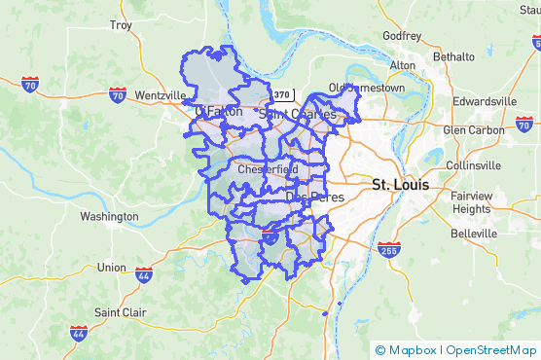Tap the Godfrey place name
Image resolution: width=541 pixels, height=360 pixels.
pyautogui.click(x=402, y=36)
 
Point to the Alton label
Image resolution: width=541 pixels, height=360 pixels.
pyautogui.click(x=402, y=65)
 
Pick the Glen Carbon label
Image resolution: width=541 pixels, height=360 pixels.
pyautogui.click(x=474, y=129)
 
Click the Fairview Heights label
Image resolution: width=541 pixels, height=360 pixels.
pyautogui.click(x=471, y=201)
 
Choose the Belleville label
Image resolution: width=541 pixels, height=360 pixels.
pyautogui.click(x=474, y=234)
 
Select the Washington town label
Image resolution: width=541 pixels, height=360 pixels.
pyautogui.click(x=109, y=216)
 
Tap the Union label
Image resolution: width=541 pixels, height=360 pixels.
pyautogui.click(x=112, y=267)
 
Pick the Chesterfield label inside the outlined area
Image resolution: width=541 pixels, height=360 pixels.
pyautogui.click(x=268, y=169)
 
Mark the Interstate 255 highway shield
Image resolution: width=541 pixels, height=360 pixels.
pyautogui.click(x=388, y=250)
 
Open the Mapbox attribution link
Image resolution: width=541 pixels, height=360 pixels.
pyautogui.click(x=412, y=349)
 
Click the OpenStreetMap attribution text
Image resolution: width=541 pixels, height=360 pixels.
pyautogui.click(x=492, y=349)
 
